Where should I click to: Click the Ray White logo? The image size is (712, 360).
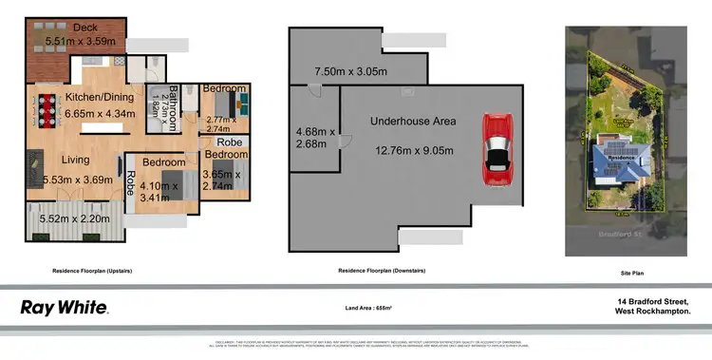(x=65, y=308)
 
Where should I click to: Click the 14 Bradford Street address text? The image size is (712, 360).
(x=652, y=300)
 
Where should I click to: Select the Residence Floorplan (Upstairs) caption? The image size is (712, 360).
(x=92, y=271)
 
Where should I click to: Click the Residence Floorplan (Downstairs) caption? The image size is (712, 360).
(x=383, y=271)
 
